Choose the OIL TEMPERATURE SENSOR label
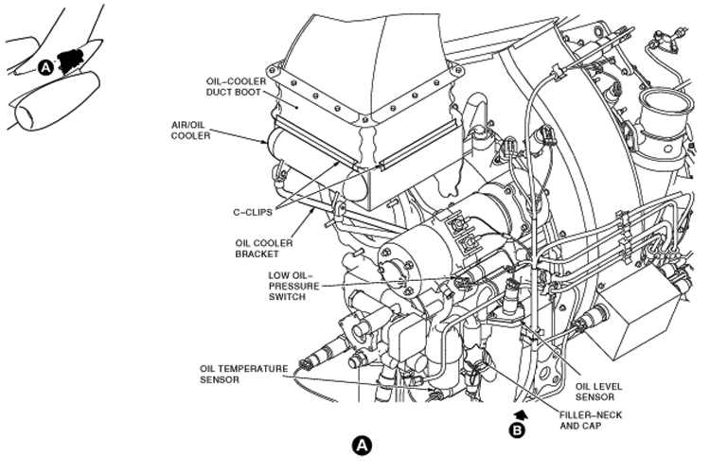coord(234,375)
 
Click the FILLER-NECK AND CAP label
coord(593,420)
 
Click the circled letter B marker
coord(517,430)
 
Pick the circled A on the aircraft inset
coord(46,66)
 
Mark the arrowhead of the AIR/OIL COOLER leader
coord(270,143)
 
